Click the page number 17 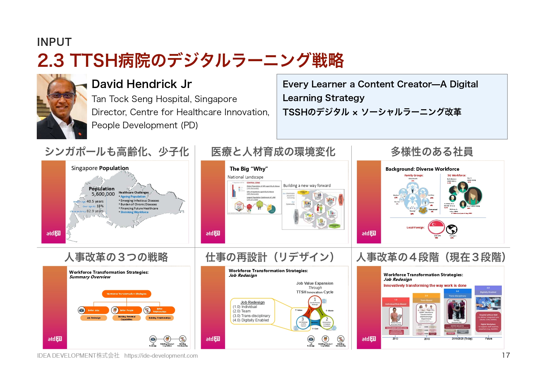coord(506,355)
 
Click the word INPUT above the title coord(54,42)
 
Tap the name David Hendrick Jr coord(142,84)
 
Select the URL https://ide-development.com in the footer coord(161,356)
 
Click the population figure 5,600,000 coord(103,194)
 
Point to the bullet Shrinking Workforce coord(134,212)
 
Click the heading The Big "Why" coord(248,169)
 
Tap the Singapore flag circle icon coord(436,227)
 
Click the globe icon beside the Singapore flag coord(451,229)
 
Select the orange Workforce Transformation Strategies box coord(127,294)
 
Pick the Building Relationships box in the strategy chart coord(160,318)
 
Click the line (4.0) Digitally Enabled coord(251,320)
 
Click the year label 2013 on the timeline coord(395,339)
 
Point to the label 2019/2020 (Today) coord(462,339)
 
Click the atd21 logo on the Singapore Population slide coord(53,233)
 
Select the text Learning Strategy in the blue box coord(323,98)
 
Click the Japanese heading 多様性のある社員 coord(432,152)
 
